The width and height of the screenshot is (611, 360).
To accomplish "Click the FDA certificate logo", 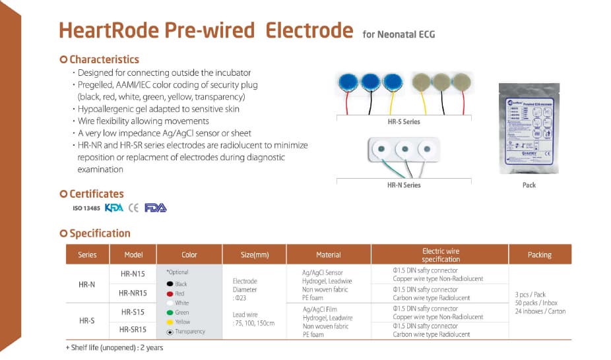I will (x=156, y=208).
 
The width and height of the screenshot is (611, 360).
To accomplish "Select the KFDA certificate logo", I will (x=114, y=208).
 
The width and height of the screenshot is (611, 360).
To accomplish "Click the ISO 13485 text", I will (x=86, y=208).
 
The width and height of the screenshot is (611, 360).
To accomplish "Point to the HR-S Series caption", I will (x=403, y=122).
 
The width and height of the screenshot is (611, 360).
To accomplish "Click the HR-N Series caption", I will (x=403, y=185).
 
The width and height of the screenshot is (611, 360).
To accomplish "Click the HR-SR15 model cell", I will (x=133, y=329).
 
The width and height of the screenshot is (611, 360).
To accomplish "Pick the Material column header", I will (x=329, y=255).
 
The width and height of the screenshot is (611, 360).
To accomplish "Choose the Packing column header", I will (x=539, y=255).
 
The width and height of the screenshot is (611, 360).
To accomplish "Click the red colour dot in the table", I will (x=170, y=293).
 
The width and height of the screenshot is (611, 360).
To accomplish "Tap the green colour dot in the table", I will (x=170, y=313).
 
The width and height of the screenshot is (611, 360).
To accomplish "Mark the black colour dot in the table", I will (x=170, y=284).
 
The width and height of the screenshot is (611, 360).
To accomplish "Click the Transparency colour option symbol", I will (x=170, y=332).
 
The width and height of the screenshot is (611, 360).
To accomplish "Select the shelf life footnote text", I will (x=114, y=347).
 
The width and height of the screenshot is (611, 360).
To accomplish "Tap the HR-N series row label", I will (x=87, y=284).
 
